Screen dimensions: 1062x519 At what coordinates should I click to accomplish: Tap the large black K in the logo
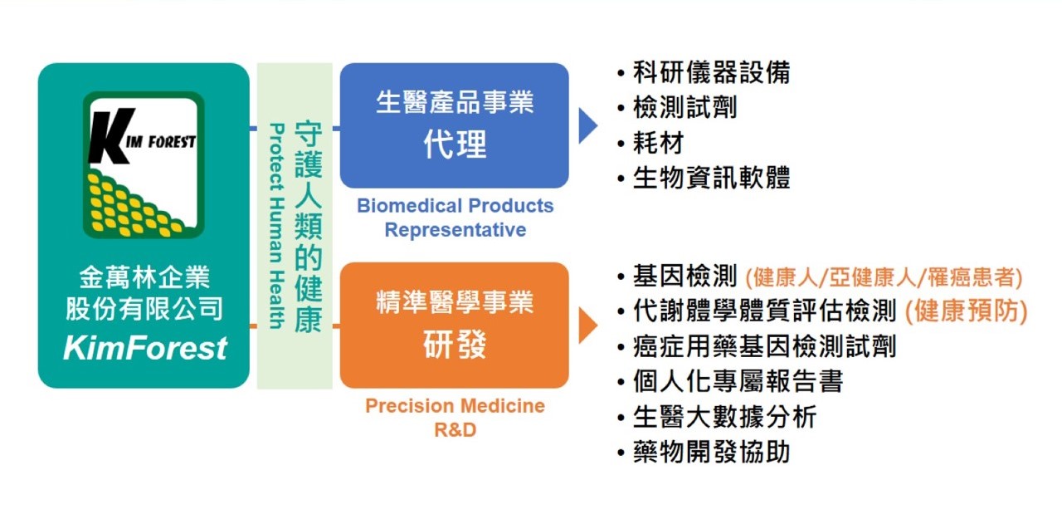tap(110, 136)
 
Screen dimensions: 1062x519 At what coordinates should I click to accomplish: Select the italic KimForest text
tap(145, 348)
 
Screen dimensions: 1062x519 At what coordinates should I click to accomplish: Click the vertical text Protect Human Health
tap(277, 226)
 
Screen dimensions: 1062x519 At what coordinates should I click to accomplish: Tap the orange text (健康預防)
tap(967, 311)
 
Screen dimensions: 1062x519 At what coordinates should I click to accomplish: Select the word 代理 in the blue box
tap(455, 144)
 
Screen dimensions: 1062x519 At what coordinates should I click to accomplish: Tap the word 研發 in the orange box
tap(455, 345)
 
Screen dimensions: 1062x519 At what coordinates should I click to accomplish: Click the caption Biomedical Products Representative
tap(455, 218)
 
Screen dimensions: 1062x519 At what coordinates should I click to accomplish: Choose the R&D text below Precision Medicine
tap(455, 430)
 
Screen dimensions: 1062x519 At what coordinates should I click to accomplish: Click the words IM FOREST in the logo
tap(161, 141)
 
